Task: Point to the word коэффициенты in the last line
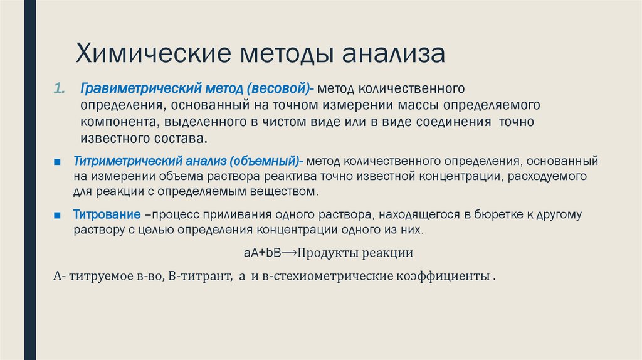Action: [441, 276]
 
